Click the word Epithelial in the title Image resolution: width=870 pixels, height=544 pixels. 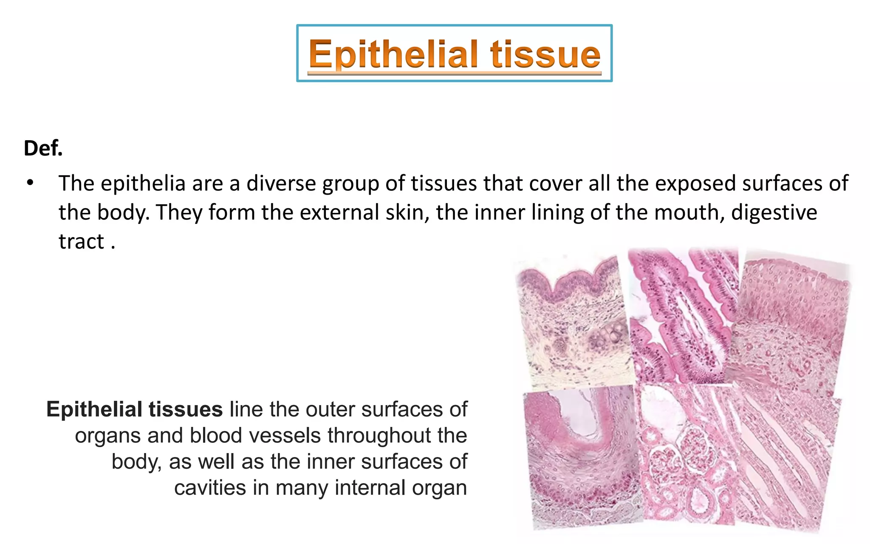point(397,54)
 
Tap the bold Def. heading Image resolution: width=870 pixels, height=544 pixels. point(43,148)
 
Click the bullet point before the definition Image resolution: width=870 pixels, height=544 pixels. point(29,183)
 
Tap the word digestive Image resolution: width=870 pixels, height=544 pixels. point(774,212)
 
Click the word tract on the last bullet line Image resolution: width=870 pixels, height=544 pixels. point(81,241)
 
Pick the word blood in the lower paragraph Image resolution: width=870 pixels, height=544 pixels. point(212,436)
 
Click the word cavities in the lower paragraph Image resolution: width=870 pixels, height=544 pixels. point(210,488)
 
